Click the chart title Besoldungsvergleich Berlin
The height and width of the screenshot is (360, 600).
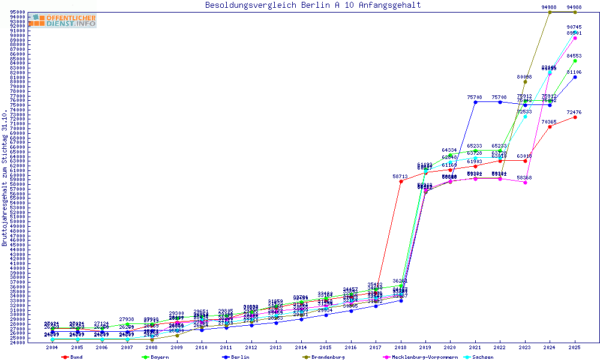click(313, 5)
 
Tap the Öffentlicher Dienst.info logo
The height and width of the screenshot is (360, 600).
click(64, 20)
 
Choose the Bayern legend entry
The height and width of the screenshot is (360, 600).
click(157, 357)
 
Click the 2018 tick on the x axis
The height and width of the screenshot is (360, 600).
click(401, 347)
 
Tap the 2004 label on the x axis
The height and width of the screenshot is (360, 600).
click(52, 347)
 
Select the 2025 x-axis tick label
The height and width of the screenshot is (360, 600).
click(575, 347)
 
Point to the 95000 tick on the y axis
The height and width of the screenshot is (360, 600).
click(17, 12)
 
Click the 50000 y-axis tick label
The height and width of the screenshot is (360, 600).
click(17, 221)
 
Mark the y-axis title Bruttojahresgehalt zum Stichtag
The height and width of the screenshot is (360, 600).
click(5, 178)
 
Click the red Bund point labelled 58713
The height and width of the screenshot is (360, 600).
click(401, 181)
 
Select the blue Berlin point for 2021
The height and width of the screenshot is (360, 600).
click(475, 102)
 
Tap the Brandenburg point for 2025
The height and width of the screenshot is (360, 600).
click(575, 12)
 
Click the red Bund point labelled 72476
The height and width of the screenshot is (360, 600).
click(575, 117)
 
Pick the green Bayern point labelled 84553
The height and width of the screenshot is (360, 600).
click(575, 61)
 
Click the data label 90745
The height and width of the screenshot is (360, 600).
click(574, 28)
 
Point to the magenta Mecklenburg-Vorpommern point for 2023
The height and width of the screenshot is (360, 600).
click(525, 182)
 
